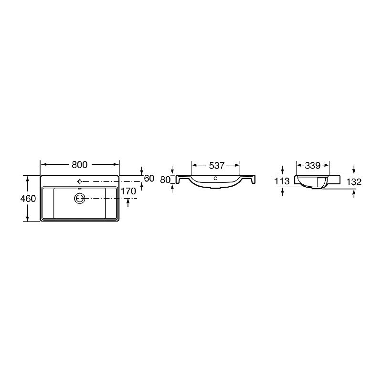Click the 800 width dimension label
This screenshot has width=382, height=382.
click(x=79, y=165)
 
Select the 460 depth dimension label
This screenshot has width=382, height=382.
click(x=28, y=199)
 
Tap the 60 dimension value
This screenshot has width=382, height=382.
click(x=149, y=179)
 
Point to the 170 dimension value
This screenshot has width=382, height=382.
click(x=128, y=191)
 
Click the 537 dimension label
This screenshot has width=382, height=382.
click(x=217, y=166)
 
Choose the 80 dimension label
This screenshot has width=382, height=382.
click(x=165, y=180)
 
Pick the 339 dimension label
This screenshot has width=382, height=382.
click(x=313, y=166)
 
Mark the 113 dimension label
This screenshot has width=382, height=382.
click(x=282, y=181)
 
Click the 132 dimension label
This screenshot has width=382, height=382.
click(x=354, y=182)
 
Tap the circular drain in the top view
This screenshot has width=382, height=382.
click(x=79, y=199)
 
